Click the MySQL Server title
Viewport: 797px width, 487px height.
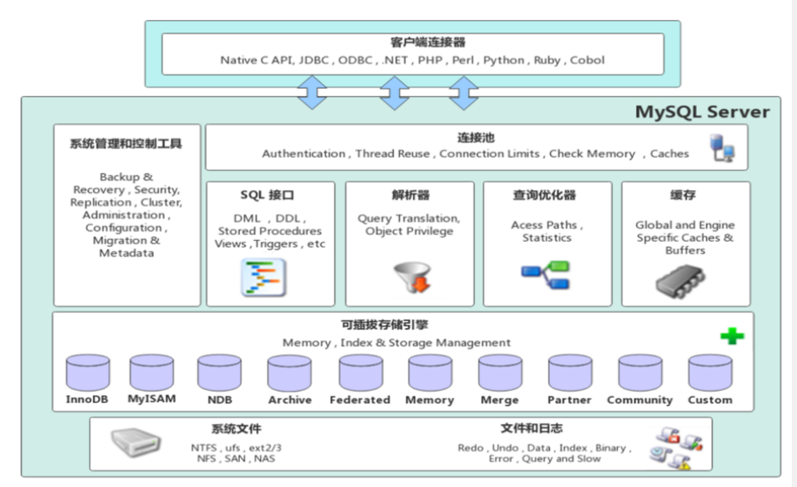[x=703, y=112]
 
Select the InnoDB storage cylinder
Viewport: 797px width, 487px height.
[x=87, y=373]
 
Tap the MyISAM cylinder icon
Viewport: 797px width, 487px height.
[x=152, y=373]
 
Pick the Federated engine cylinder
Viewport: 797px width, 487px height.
[x=361, y=373]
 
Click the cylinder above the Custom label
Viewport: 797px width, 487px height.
[x=710, y=373]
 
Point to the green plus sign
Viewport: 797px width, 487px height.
[x=732, y=335]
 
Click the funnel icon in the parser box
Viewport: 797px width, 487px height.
[x=413, y=277]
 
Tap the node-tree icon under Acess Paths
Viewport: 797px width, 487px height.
[x=546, y=275]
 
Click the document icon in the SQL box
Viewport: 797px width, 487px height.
[x=264, y=277]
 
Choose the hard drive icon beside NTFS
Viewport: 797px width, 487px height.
[x=135, y=442]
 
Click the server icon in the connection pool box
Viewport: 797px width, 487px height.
[x=722, y=147]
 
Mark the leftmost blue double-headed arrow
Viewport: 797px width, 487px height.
[x=312, y=93]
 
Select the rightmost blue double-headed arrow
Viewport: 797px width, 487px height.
[x=464, y=93]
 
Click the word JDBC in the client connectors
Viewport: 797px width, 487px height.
[x=313, y=60]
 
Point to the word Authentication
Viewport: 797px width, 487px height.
[x=304, y=154]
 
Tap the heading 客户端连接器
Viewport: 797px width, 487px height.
[x=428, y=42]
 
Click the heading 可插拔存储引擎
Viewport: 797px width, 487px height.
[x=384, y=325]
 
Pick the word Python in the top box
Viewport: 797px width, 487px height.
[x=504, y=60]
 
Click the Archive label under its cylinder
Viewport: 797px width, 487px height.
[x=290, y=400]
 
